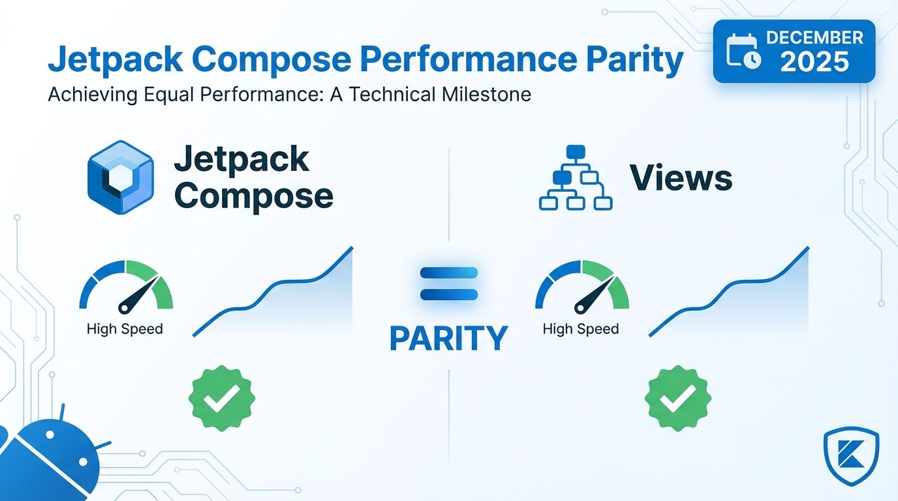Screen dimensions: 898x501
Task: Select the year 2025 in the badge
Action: tap(814, 62)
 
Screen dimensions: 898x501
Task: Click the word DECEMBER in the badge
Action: tap(814, 38)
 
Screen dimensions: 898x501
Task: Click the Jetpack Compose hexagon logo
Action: tap(120, 177)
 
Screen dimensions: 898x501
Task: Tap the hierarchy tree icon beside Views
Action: tap(576, 177)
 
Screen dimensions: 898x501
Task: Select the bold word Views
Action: tap(681, 177)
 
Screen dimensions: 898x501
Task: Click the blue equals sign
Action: tap(449, 284)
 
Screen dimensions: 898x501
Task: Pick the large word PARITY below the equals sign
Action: tap(449, 339)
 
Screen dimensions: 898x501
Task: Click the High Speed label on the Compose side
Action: tap(125, 329)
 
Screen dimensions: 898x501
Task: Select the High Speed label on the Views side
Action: tap(581, 329)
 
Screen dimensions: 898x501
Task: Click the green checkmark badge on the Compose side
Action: tap(222, 399)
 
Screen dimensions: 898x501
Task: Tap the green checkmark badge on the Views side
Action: tap(678, 399)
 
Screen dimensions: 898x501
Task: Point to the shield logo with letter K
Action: tap(852, 457)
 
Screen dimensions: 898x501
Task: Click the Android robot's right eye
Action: tap(83, 462)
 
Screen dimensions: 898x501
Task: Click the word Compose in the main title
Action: tap(274, 59)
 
